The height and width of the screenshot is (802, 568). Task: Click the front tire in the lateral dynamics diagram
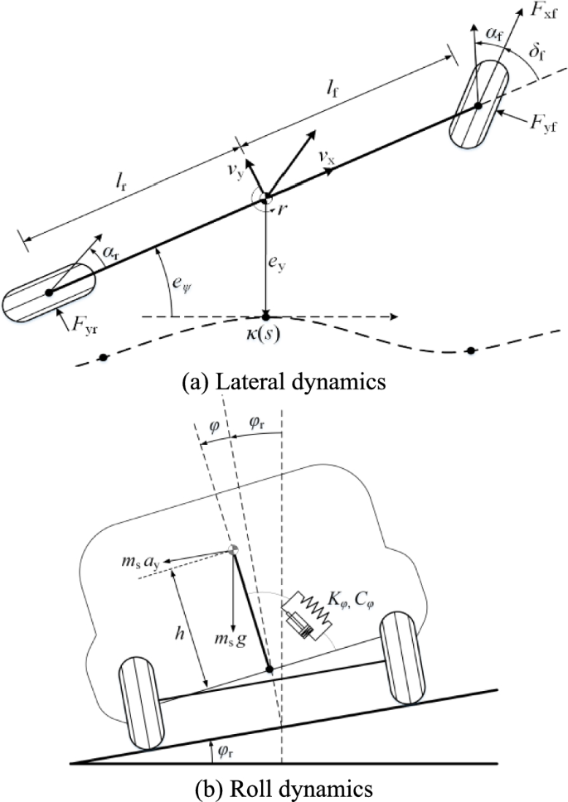478,106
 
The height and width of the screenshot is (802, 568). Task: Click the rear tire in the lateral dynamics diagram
48,292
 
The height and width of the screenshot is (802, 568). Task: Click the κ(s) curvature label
265,340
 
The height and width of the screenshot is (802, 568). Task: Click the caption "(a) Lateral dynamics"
284,382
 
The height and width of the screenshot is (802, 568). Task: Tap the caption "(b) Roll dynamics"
284,788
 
